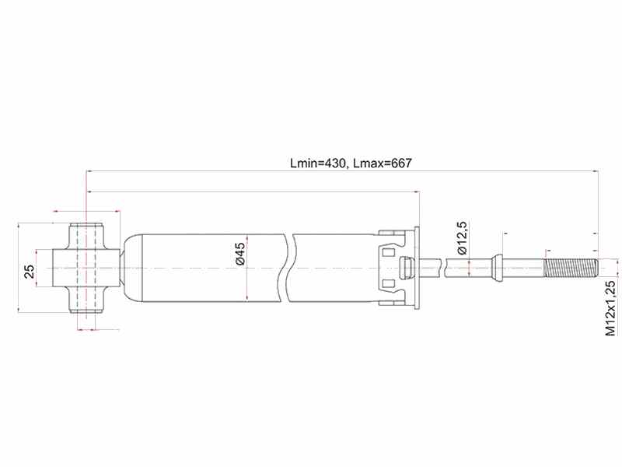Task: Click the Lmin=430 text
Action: [x=319, y=163]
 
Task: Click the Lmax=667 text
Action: [x=383, y=163]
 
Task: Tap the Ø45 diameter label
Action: [x=239, y=254]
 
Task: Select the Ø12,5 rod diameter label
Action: [x=463, y=238]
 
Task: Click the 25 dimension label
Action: [x=30, y=272]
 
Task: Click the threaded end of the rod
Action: [x=571, y=269]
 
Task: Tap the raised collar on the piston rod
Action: [x=497, y=269]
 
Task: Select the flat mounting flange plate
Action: [x=417, y=268]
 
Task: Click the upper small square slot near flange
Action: [x=387, y=251]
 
